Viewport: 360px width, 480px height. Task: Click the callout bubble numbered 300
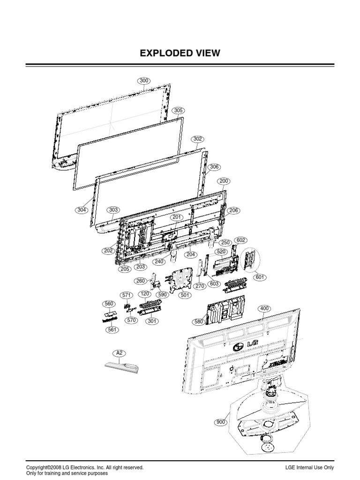click(x=144, y=81)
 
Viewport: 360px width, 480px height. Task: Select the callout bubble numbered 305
click(x=178, y=111)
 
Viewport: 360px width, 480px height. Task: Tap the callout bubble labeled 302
click(x=198, y=139)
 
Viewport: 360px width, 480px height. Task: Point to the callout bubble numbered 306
click(x=214, y=167)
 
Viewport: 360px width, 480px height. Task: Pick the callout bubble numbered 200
click(x=224, y=181)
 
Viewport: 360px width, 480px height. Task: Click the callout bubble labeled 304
click(x=82, y=210)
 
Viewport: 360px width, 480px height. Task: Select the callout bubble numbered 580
click(x=199, y=322)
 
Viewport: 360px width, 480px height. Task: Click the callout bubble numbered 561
click(x=112, y=330)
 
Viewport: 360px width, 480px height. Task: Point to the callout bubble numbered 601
click(x=260, y=277)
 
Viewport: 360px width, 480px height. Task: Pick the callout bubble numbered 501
click(x=185, y=295)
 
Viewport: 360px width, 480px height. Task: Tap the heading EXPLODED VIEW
click(x=180, y=53)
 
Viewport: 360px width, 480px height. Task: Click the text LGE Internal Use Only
click(x=309, y=468)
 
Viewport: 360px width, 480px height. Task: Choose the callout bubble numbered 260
click(x=140, y=281)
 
